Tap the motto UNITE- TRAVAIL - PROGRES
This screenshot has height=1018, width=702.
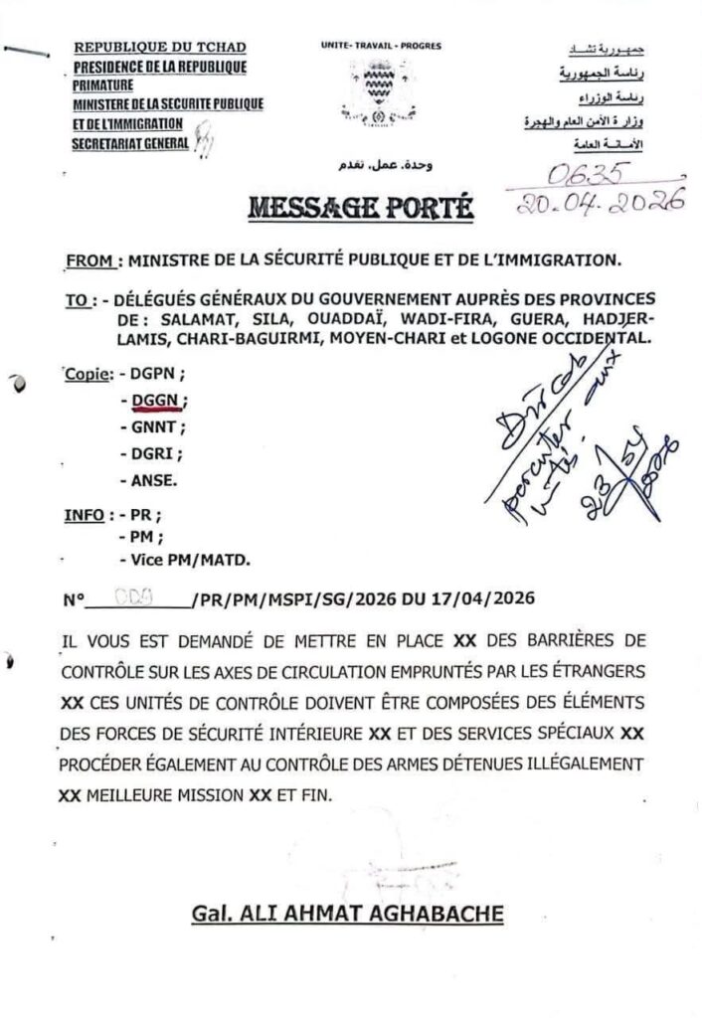(x=381, y=47)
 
